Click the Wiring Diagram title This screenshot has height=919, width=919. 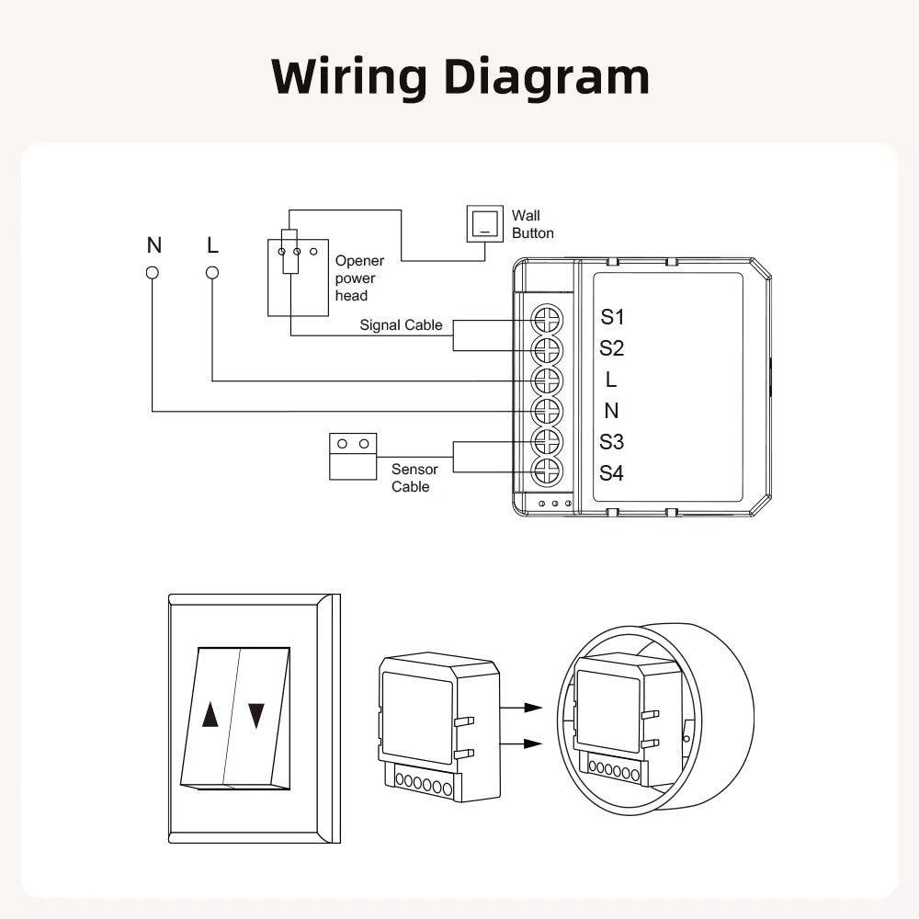pos(460,77)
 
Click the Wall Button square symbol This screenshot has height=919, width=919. pos(485,223)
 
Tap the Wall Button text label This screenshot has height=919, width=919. pos(533,224)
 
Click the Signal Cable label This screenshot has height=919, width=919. pos(401,325)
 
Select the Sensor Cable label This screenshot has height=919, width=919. pos(414,478)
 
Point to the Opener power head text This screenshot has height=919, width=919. pos(359,278)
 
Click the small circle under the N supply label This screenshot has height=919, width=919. pos(153,273)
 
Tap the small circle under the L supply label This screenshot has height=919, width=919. pos(212,273)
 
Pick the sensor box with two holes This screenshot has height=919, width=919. pos(353,455)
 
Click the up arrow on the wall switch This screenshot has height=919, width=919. pos(210,715)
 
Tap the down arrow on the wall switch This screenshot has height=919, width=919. pos(256,715)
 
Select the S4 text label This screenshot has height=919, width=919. pos(612,473)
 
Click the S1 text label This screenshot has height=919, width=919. pos(612,317)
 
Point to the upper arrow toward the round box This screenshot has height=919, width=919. pos(520,708)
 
